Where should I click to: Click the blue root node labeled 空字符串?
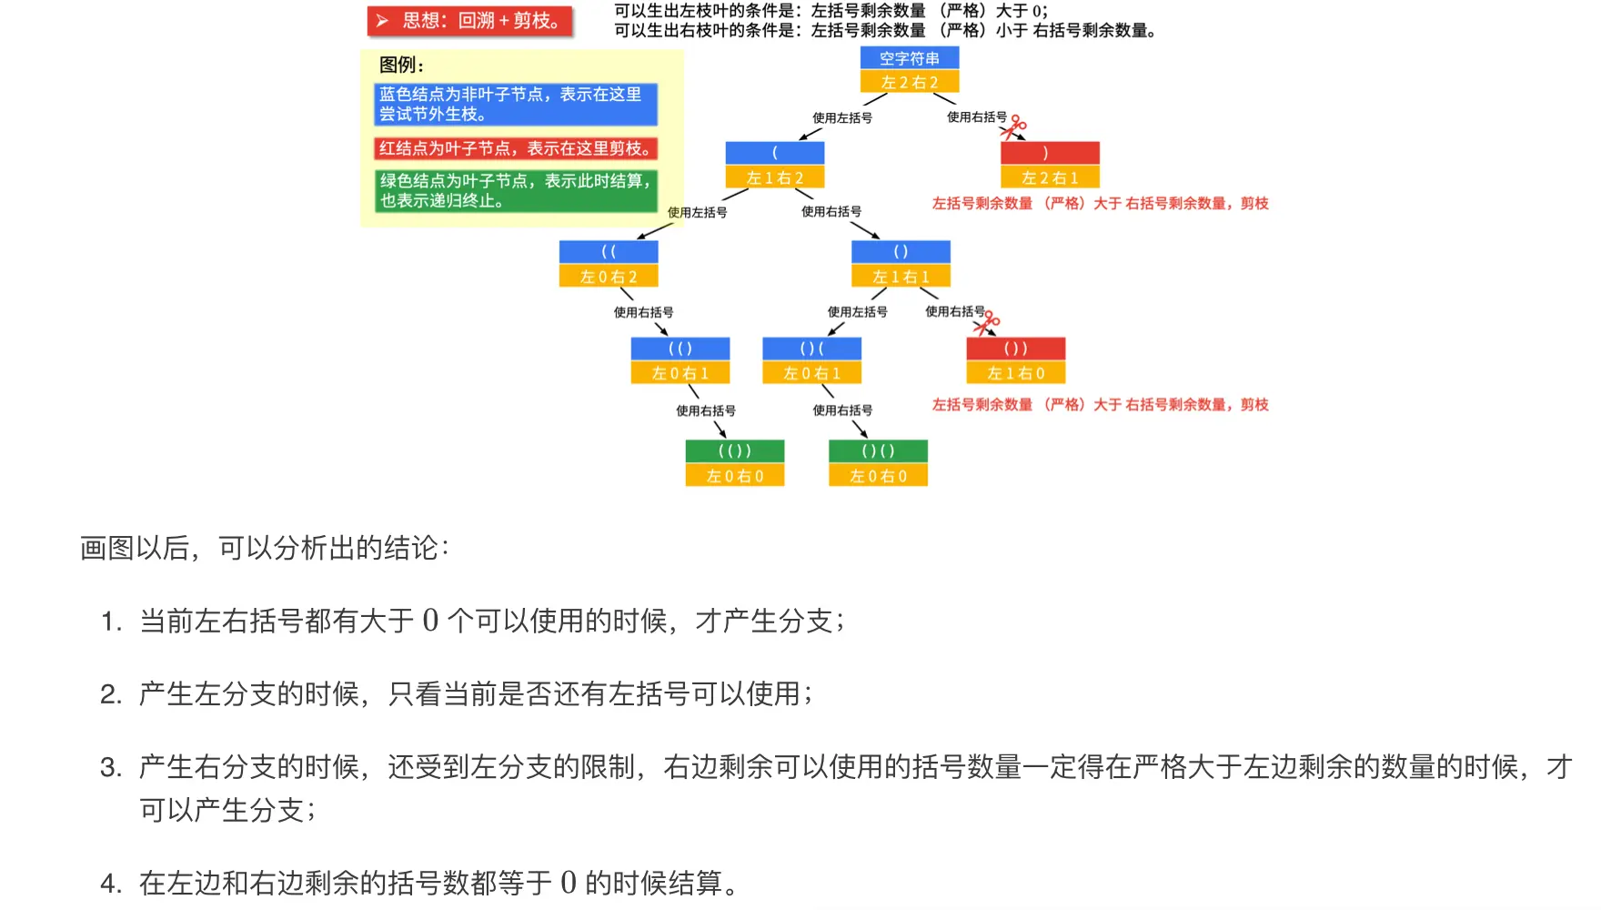[x=910, y=58]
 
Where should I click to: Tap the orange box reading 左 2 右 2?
[x=910, y=83]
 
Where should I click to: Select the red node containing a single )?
[x=1050, y=153]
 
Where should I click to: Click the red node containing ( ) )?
[x=1015, y=349]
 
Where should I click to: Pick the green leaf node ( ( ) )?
[x=735, y=451]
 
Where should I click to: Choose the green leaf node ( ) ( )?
[x=878, y=451]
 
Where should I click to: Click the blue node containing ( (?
[x=609, y=252]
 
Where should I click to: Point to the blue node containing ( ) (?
[x=811, y=349]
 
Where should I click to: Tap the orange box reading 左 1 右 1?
[x=901, y=277]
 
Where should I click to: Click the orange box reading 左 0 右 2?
[x=609, y=277]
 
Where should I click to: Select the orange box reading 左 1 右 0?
[x=1015, y=373]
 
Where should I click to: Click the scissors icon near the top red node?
[x=1013, y=126]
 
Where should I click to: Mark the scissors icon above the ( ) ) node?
[x=987, y=322]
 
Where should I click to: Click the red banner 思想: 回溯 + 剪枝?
[x=470, y=21]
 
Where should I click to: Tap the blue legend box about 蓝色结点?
[x=515, y=104]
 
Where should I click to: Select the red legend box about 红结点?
[x=515, y=148]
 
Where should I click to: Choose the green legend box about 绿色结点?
[x=515, y=191]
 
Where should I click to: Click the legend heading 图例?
[x=401, y=66]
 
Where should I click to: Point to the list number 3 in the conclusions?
[x=111, y=768]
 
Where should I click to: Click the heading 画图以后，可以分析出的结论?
[x=264, y=549]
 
